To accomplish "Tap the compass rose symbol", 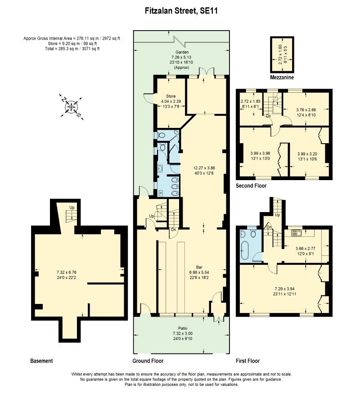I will pyautogui.click(x=70, y=107).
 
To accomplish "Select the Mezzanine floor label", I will pyautogui.click(x=282, y=78).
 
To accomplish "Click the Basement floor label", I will pyautogui.click(x=41, y=361).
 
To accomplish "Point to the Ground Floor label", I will pyautogui.click(x=148, y=361).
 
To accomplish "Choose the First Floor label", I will pyautogui.click(x=247, y=361).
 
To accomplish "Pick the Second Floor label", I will pyautogui.click(x=251, y=186).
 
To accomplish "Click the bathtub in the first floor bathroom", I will pyautogui.click(x=246, y=250).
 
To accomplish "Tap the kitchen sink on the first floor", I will pyautogui.click(x=298, y=233).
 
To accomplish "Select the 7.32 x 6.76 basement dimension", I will pyautogui.click(x=67, y=275).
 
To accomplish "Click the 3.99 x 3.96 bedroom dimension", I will pyautogui.click(x=260, y=155).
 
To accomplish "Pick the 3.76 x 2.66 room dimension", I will pyautogui.click(x=306, y=112).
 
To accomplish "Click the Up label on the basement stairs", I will pyautogui.click(x=72, y=208).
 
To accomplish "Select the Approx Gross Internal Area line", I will pyautogui.click(x=72, y=38).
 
